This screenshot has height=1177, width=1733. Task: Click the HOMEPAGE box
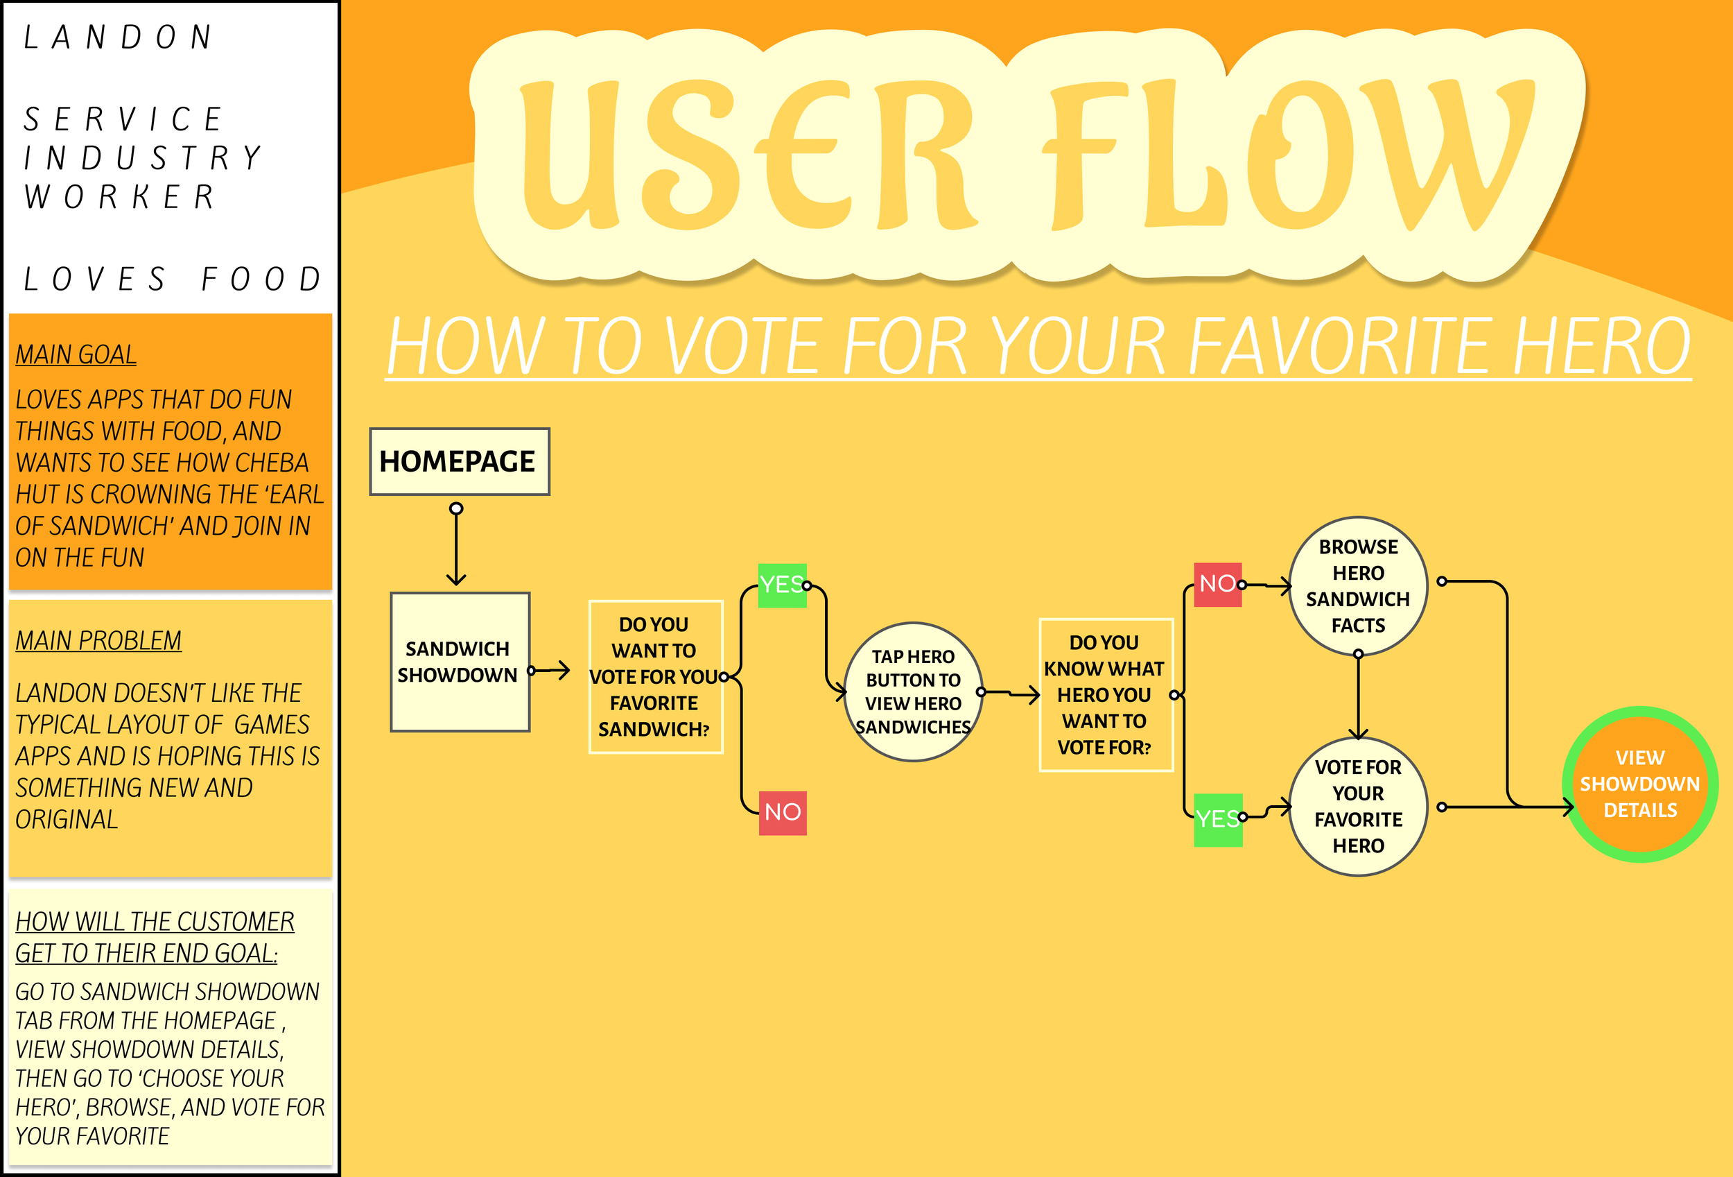460,462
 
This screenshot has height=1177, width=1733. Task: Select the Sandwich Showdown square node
460,662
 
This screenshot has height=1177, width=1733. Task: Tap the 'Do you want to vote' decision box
656,676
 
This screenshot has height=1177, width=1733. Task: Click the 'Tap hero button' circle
913,691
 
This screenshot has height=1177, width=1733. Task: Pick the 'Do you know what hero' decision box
1106,694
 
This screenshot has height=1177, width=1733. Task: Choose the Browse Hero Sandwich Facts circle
1358,586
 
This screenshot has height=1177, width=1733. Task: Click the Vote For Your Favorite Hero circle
1358,807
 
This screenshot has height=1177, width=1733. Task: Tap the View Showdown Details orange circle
1640,784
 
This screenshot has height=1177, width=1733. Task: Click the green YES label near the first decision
781,585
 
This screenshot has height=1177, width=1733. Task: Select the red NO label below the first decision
782,812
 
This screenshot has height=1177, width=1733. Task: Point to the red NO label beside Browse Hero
1217,584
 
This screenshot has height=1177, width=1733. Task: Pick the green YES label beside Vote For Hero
1217,819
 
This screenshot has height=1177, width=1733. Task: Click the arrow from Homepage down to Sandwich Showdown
456,546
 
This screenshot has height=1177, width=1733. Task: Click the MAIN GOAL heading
76,354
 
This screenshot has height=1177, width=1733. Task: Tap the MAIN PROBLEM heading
98,641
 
